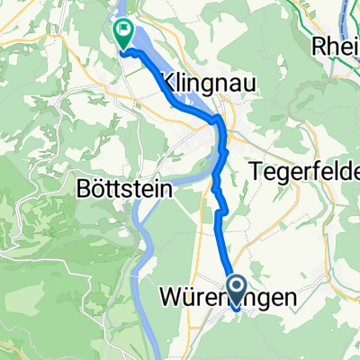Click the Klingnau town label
click(x=205, y=84)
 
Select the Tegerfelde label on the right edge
click(x=305, y=168)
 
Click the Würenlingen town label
click(x=238, y=297)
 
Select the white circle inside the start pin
click(x=238, y=287)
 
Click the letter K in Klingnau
click(x=166, y=84)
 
